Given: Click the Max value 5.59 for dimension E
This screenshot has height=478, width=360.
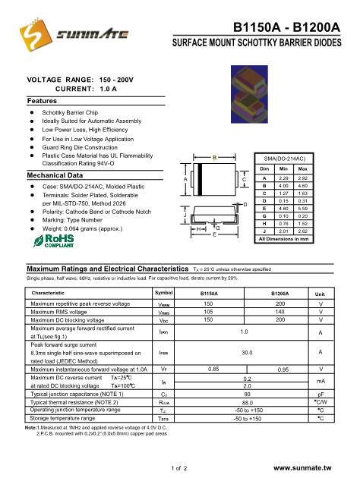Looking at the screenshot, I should [302, 207].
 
